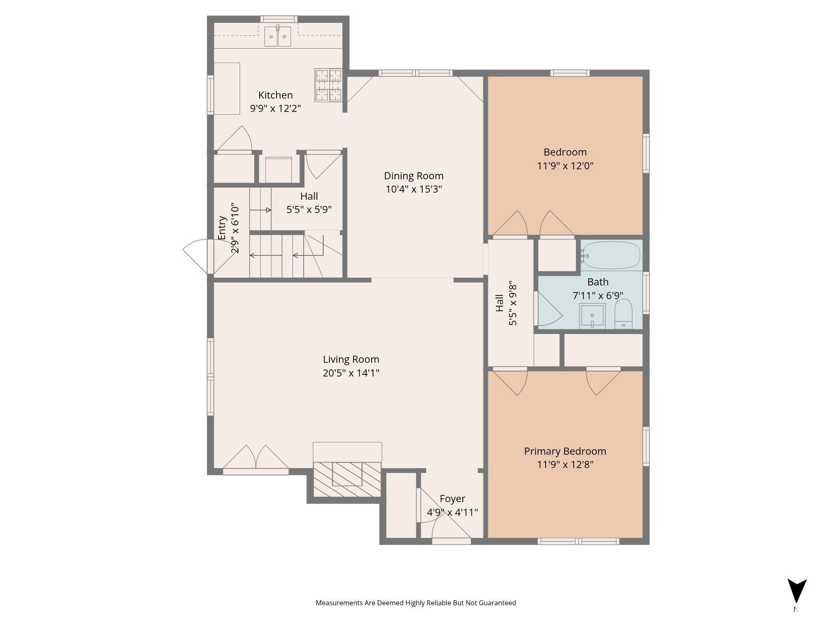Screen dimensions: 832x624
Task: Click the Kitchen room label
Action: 275,95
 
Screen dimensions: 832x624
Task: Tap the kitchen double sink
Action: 278,37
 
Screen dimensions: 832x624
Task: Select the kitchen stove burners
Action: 328,85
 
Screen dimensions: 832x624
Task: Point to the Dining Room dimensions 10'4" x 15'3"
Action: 414,189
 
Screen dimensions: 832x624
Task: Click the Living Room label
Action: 351,359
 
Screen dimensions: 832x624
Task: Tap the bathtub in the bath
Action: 611,255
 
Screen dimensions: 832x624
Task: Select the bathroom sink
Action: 592,316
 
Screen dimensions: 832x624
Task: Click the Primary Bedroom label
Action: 565,451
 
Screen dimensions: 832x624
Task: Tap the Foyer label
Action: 452,499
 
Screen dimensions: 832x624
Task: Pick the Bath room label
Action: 598,282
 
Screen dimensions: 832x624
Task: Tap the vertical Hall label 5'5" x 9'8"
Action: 506,304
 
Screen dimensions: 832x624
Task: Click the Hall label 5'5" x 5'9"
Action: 309,203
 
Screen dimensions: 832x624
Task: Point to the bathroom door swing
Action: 549,308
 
